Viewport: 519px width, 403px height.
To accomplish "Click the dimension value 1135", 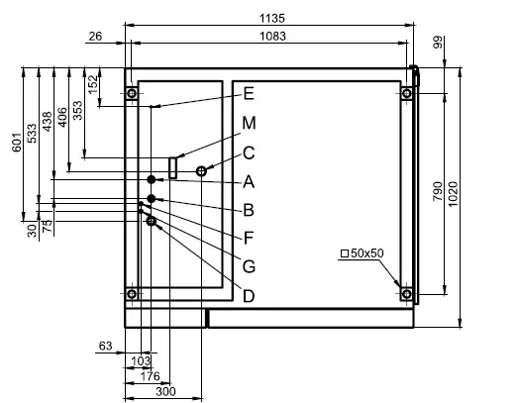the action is pos(271,18).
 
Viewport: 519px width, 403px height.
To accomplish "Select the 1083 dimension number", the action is pos(272,36).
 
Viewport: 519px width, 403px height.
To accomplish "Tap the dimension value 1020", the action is pos(452,194).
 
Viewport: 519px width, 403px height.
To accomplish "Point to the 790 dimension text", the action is pos(437,191).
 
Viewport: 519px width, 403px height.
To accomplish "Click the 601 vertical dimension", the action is pos(17,143).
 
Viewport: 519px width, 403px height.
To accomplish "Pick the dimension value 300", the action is pos(165,392).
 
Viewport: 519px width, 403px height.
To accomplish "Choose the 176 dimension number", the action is pos(150,376).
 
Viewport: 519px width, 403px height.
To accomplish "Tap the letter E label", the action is pos(249,94).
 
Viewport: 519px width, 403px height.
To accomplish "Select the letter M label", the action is pos(249,123).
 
